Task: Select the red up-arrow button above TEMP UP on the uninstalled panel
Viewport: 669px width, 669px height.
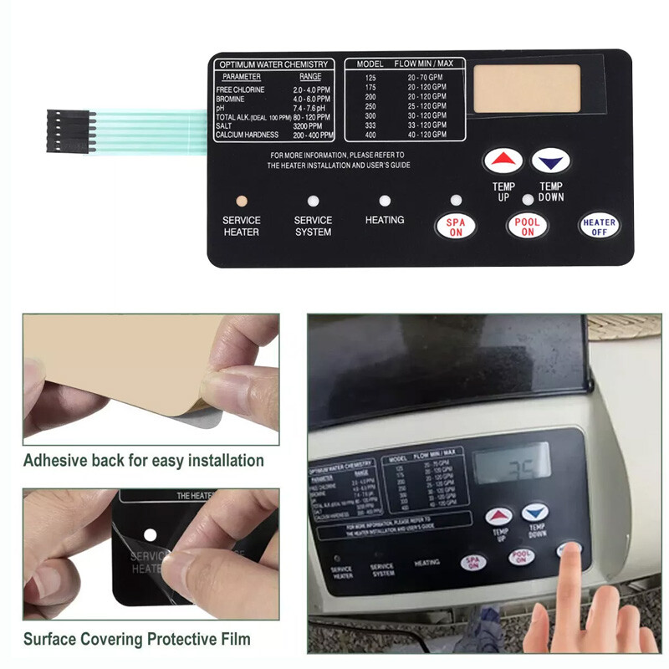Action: [x=503, y=161]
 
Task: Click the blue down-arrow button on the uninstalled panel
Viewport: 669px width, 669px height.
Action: [x=550, y=161]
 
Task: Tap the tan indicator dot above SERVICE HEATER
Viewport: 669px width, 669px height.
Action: [x=241, y=202]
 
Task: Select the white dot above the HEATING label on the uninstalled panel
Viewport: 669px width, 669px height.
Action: [x=385, y=202]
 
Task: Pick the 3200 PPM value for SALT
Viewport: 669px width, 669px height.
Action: [x=307, y=126]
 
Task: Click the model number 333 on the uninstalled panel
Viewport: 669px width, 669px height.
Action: [x=370, y=125]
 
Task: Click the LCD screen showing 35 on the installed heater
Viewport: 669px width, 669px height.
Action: [x=512, y=462]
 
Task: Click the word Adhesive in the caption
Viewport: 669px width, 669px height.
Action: [x=57, y=460]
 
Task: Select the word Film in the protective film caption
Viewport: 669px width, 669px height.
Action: [x=233, y=640]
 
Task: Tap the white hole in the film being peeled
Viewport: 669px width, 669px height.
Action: [x=151, y=534]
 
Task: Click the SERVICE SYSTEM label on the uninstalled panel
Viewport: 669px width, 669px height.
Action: [x=313, y=226]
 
